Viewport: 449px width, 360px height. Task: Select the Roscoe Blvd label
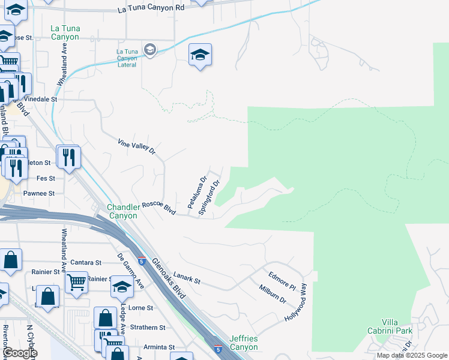point(157,208)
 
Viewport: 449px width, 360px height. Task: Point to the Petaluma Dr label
point(197,192)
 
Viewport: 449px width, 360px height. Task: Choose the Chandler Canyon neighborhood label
point(123,211)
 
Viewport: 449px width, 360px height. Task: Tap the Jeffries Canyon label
point(243,343)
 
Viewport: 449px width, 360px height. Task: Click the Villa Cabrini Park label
point(390,326)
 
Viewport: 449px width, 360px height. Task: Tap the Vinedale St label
point(40,99)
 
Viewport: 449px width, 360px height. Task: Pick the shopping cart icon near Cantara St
point(76,281)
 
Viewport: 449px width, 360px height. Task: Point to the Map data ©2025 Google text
point(411,355)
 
